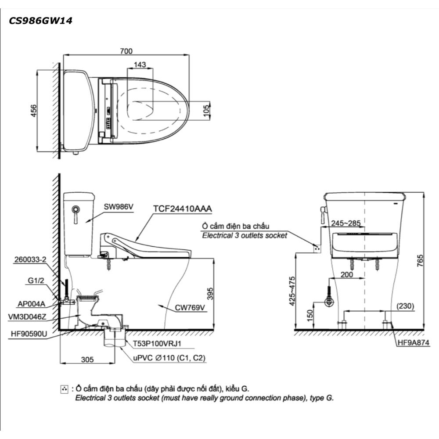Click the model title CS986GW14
coord(40,21)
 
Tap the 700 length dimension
coord(126,51)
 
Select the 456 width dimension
coord(33,111)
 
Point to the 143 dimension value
coord(140,65)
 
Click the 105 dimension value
coord(206,111)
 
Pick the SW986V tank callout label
coord(119,207)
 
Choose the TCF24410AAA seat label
coord(183,209)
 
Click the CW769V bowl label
coord(190,308)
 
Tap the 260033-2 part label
coord(30,259)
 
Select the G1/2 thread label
coord(36,280)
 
